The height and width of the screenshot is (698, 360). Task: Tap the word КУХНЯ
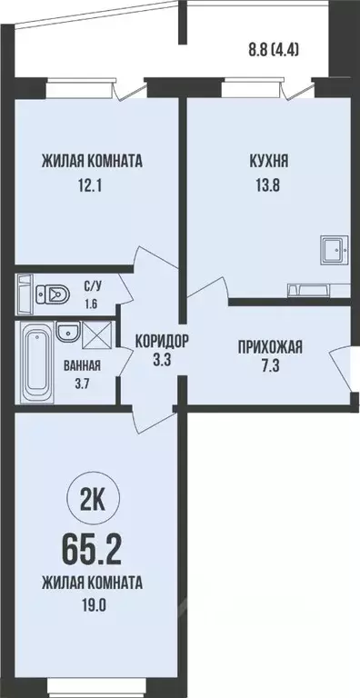point(269,163)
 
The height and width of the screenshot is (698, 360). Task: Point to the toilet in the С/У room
point(54,293)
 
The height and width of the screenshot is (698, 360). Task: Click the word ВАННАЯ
point(83,366)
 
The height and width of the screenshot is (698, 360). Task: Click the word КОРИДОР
point(162,341)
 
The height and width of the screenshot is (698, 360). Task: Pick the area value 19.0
point(92,601)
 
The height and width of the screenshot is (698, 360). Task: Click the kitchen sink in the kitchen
point(333,247)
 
